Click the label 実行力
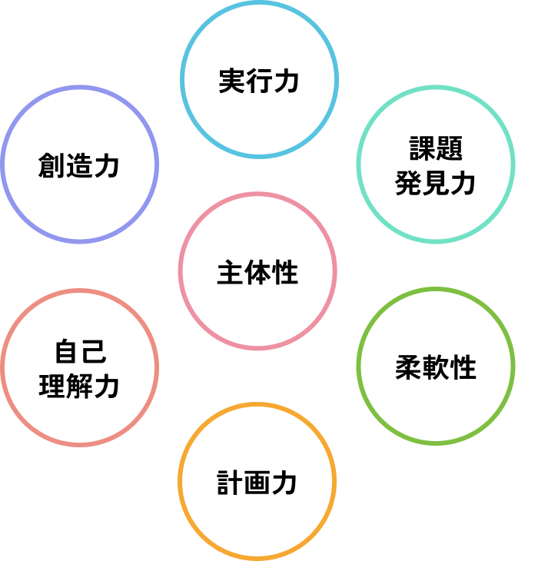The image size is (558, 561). (258, 81)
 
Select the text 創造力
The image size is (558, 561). (79, 165)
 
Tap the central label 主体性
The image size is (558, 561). (257, 272)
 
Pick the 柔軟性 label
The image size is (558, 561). (436, 367)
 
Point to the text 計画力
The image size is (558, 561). (257, 483)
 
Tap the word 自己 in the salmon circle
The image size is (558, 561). (79, 352)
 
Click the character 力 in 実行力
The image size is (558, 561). (286, 81)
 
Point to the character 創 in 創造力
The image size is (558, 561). (51, 165)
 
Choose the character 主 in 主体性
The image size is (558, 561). (230, 272)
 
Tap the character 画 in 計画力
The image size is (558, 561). (257, 483)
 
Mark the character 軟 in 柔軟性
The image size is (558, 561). (436, 367)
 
